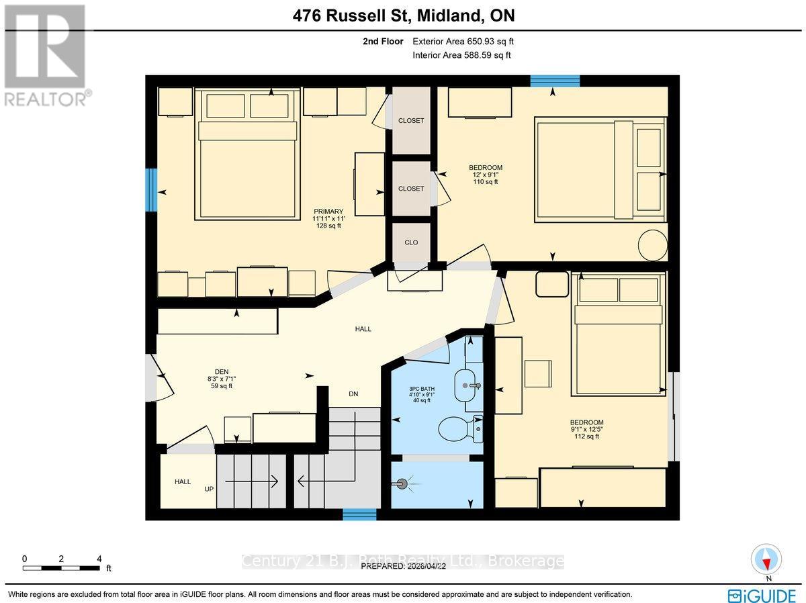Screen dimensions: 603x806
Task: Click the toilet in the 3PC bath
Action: (x=462, y=427)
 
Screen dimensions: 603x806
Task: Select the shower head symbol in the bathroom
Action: (x=402, y=482)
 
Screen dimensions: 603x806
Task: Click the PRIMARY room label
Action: (x=328, y=212)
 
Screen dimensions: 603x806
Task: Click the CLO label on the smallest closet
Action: (x=411, y=242)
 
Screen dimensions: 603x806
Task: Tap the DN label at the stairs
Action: (x=353, y=393)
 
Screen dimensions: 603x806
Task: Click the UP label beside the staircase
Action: (x=210, y=489)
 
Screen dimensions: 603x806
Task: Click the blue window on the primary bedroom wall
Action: (x=152, y=191)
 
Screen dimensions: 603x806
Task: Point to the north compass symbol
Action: (x=765, y=559)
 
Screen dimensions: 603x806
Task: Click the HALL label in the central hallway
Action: (x=363, y=329)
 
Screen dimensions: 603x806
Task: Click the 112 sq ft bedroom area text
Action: (x=583, y=436)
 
